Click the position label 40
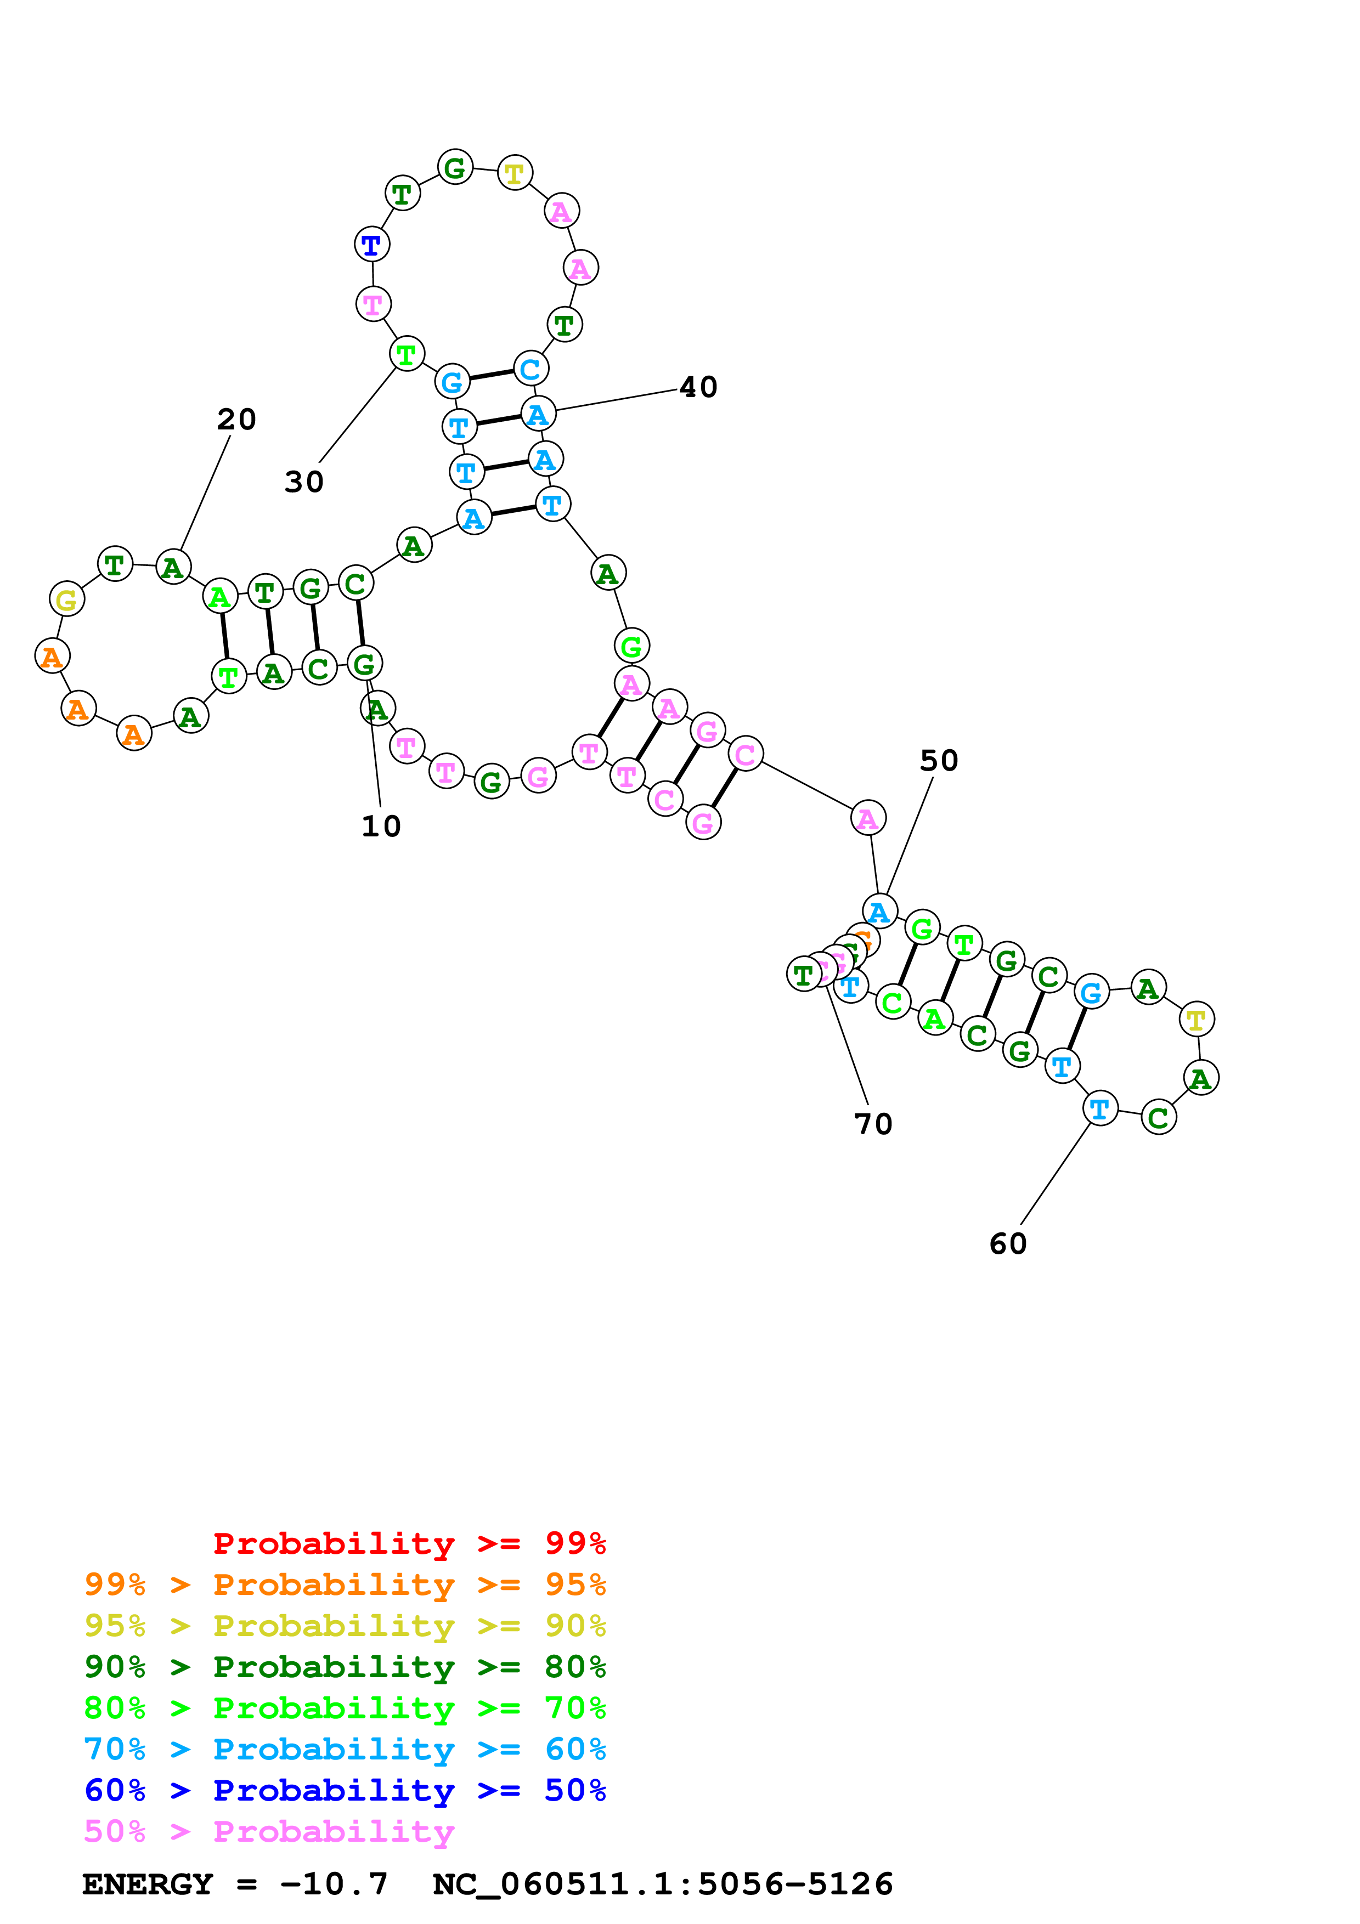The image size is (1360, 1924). (x=698, y=387)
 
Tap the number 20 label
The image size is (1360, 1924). (x=236, y=419)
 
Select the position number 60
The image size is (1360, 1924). (x=1008, y=1243)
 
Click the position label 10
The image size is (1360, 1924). (x=381, y=826)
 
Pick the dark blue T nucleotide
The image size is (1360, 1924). (x=371, y=245)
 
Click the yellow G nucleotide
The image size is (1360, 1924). (x=66, y=599)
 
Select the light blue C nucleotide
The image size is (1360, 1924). (x=529, y=369)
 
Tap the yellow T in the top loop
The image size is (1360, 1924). (x=515, y=173)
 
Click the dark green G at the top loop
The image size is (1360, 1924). (x=455, y=168)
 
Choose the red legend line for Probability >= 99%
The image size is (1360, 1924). (x=409, y=1543)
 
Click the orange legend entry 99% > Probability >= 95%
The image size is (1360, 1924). (x=345, y=1585)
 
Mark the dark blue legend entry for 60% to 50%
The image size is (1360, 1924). (x=345, y=1790)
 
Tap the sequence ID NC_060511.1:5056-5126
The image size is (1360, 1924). (x=663, y=1884)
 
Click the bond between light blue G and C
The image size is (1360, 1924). (x=491, y=375)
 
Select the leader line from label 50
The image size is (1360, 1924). (x=909, y=835)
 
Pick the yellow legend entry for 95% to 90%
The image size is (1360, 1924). (x=345, y=1626)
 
